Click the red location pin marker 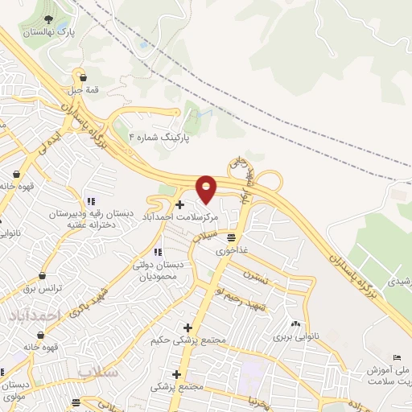pos(207,188)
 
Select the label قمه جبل pos(84,90)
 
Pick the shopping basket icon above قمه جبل pos(84,78)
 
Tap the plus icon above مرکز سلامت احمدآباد pos(179,205)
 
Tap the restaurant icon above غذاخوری pos(232,237)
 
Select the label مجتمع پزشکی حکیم pos(184,340)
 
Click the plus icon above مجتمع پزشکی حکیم pos(188,328)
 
